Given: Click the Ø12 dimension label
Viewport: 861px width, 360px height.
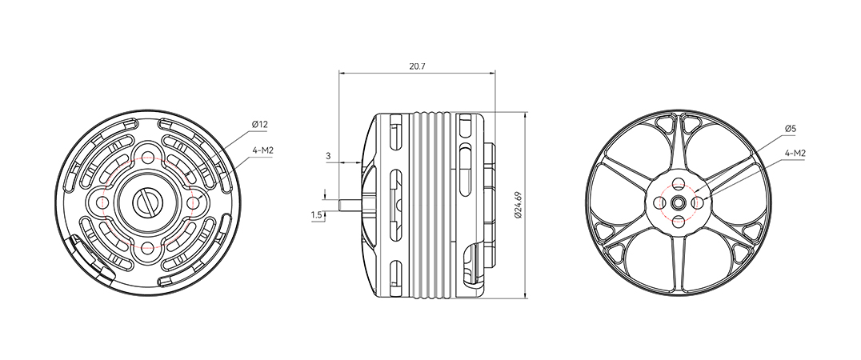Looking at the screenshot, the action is coord(260,125).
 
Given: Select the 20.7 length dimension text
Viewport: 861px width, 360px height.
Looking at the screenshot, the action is coord(418,66).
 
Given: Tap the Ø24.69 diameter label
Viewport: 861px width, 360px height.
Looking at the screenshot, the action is coord(518,206).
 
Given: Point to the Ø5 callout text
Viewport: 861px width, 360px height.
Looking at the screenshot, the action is coord(790,129).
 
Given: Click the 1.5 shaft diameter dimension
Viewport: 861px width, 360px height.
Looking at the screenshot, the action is coord(316,215).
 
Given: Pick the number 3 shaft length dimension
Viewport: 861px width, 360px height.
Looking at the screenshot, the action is coord(328,156).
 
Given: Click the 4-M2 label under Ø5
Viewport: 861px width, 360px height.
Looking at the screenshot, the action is coord(795,154).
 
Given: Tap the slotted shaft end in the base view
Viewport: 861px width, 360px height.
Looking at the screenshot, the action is coord(148,202).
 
